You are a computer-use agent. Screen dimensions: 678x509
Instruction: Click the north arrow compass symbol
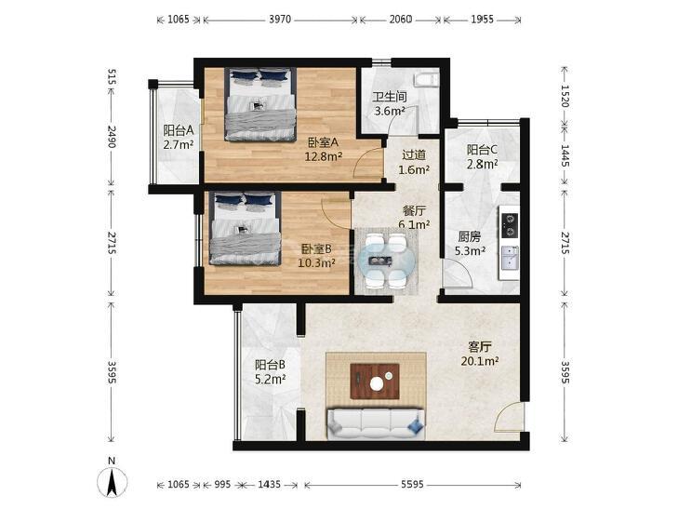tap(112, 481)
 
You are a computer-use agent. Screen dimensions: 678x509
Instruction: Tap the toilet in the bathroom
tap(426, 80)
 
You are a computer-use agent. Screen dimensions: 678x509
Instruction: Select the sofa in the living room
tap(376, 423)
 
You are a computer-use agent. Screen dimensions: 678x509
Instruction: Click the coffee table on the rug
tap(375, 381)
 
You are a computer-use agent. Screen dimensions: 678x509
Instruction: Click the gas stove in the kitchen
tap(509, 225)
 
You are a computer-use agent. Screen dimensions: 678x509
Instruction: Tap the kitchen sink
tap(510, 258)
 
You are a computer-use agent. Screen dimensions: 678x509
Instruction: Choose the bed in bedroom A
tap(260, 104)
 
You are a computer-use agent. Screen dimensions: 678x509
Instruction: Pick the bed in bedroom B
tap(246, 228)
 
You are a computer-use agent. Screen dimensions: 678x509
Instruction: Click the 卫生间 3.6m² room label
tap(390, 104)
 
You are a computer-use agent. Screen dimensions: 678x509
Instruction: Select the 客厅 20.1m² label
tap(480, 354)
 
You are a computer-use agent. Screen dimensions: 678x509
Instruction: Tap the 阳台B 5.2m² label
tap(270, 372)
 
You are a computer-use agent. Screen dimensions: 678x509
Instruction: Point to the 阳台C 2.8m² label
tap(482, 156)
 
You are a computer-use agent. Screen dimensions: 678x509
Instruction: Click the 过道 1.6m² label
tap(414, 162)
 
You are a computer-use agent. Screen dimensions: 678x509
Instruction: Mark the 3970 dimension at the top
tap(280, 20)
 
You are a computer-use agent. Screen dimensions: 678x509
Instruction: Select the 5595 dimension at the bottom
tap(412, 485)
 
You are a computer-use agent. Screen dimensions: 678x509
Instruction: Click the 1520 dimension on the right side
tap(565, 96)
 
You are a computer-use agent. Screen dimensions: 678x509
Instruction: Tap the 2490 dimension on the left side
tap(112, 137)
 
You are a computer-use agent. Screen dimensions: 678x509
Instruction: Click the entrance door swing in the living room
tap(509, 417)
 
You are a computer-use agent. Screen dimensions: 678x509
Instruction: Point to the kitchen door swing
tap(457, 274)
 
